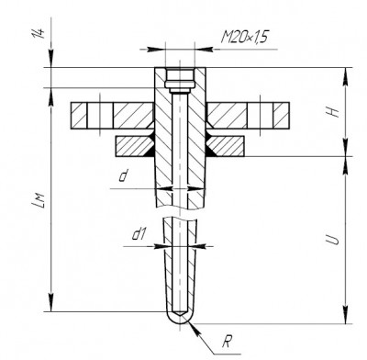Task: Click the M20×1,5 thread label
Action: click(x=245, y=38)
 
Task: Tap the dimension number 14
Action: click(x=39, y=33)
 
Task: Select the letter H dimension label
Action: click(x=332, y=112)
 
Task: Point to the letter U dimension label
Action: click(x=332, y=240)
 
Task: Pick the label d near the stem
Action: click(x=123, y=176)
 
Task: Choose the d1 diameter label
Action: click(x=139, y=235)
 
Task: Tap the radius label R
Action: click(x=226, y=342)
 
